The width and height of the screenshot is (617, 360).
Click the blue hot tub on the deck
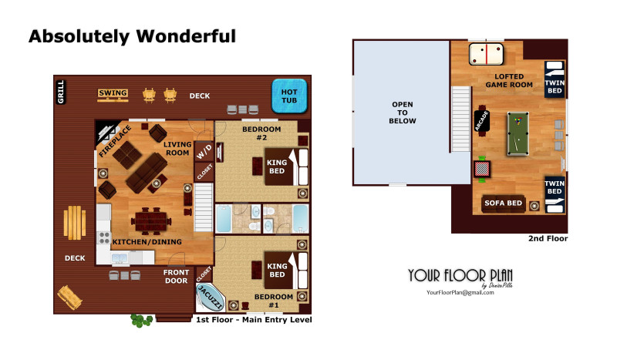click(289, 96)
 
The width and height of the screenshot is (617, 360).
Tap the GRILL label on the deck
click(61, 92)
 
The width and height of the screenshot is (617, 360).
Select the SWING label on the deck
click(113, 93)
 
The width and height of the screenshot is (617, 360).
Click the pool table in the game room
click(518, 134)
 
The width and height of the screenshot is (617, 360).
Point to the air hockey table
click(487, 54)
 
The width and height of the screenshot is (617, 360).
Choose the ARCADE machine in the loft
click(482, 121)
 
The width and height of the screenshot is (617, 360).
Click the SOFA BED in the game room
click(504, 204)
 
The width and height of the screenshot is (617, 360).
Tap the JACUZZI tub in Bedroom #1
click(210, 298)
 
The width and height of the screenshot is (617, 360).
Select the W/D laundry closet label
click(204, 152)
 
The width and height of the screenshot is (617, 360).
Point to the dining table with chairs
click(151, 221)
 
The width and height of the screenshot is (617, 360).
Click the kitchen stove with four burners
click(104, 238)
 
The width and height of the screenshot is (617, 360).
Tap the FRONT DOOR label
click(177, 276)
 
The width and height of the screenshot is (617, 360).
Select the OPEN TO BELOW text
click(402, 113)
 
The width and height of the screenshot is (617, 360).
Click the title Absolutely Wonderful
click(132, 36)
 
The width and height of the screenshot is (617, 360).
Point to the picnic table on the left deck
click(75, 223)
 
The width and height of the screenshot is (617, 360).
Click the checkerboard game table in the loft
click(482, 169)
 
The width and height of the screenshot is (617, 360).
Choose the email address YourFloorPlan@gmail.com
click(460, 292)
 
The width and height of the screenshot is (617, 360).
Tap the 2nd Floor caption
click(548, 238)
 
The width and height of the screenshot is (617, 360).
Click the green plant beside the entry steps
click(141, 320)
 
